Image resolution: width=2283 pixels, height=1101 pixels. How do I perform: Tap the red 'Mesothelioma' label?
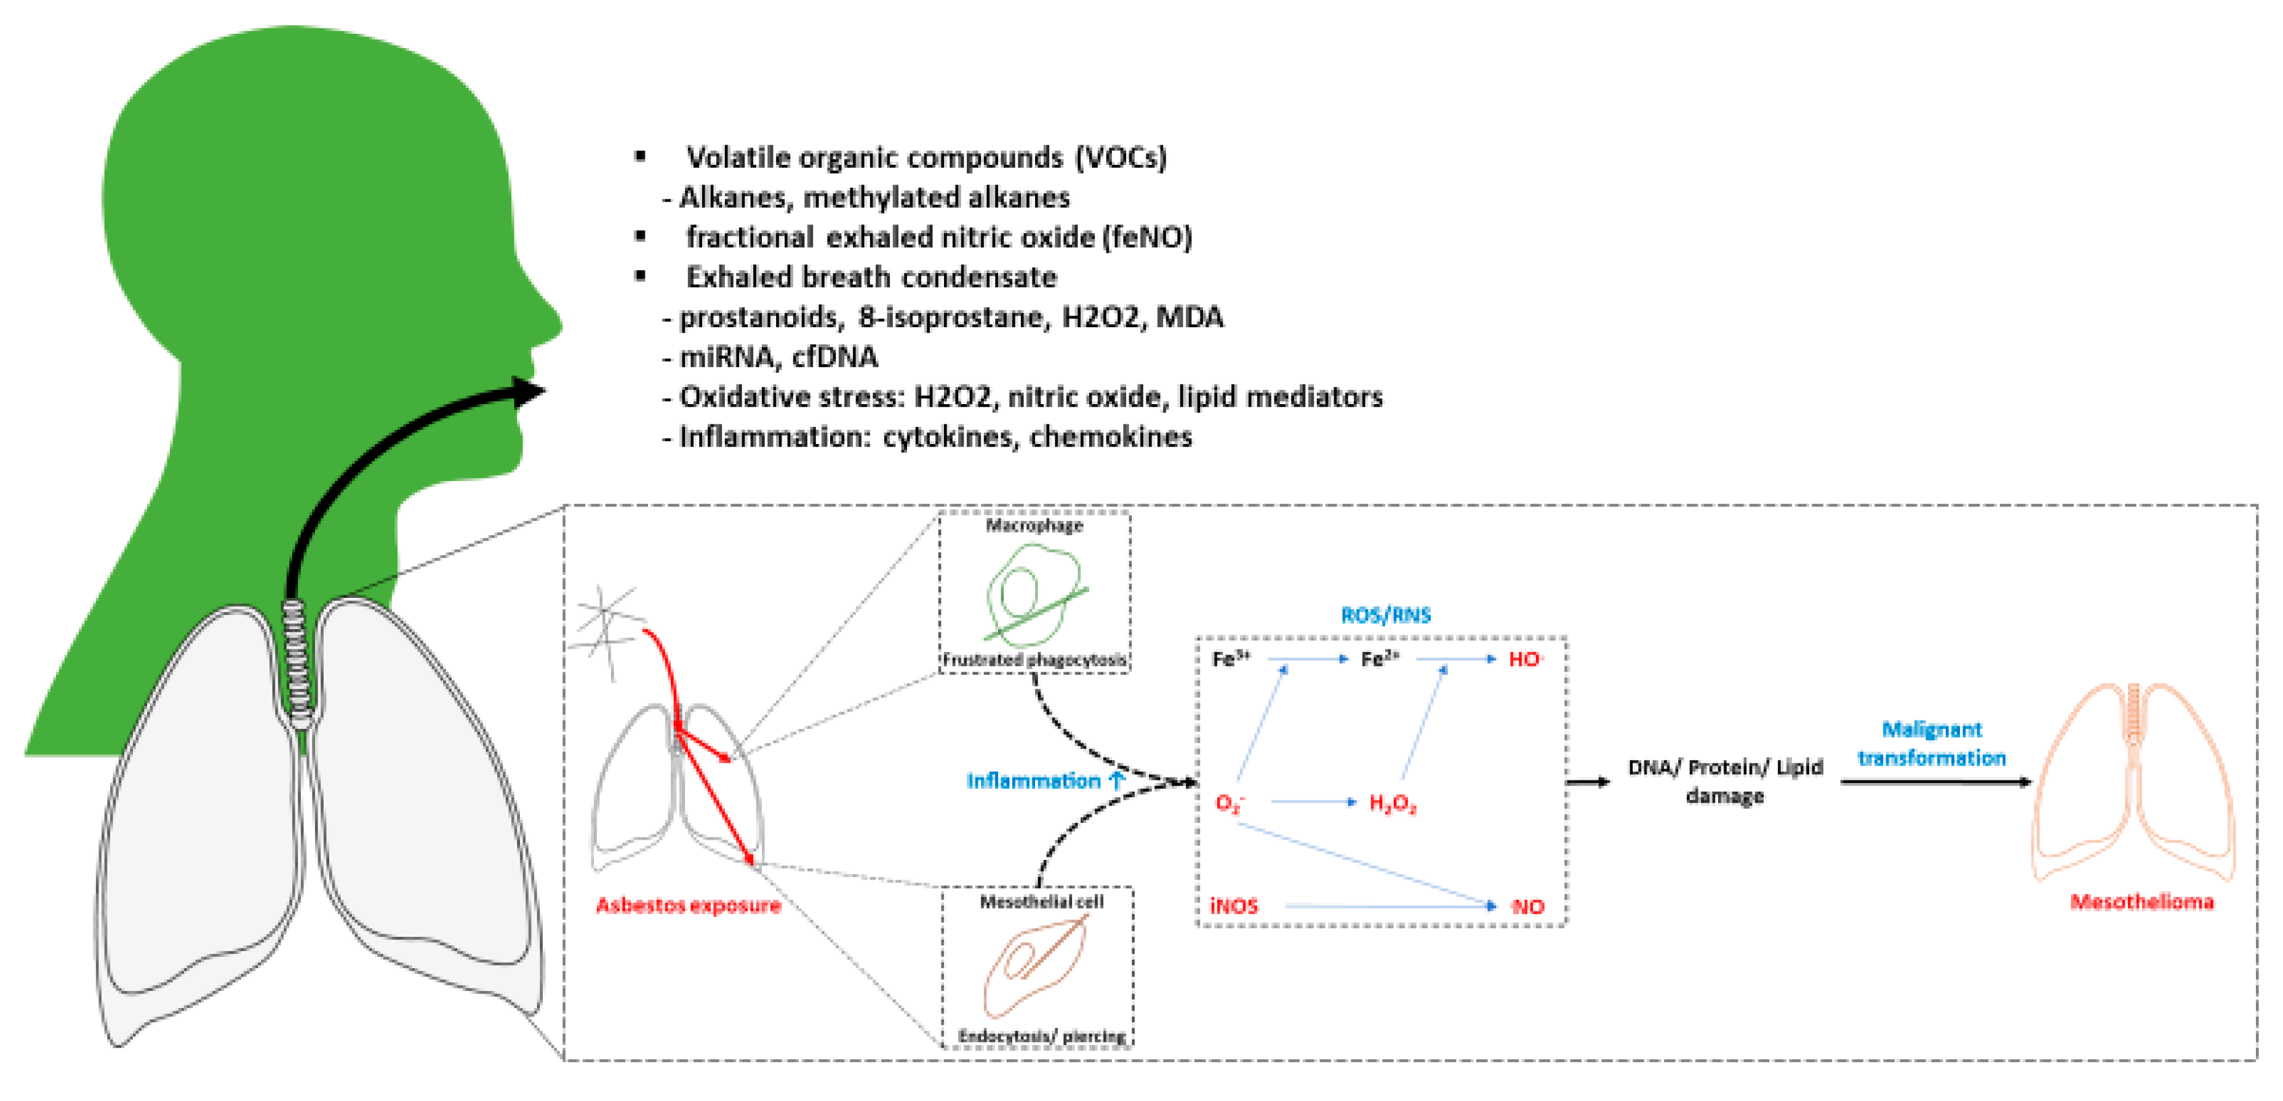[x=2141, y=902]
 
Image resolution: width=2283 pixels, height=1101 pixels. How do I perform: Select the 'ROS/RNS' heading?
[x=1385, y=614]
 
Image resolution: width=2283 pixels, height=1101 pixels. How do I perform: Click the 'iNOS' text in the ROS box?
[x=1234, y=905]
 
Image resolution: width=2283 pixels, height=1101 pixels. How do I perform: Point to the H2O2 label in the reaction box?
[x=1393, y=803]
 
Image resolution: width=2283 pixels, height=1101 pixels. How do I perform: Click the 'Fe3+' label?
[x=1230, y=659]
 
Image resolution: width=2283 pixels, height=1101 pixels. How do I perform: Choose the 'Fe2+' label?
[x=1380, y=659]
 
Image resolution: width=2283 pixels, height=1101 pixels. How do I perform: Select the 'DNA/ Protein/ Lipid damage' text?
[x=1725, y=781]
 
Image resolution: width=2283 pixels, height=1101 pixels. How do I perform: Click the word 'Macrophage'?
[x=1034, y=525]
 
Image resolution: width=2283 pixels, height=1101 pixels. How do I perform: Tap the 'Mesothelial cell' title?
[x=1041, y=902]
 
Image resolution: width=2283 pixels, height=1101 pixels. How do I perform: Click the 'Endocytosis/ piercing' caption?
[x=1041, y=1035]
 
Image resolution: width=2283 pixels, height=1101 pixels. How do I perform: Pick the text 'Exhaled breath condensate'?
[x=871, y=277]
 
